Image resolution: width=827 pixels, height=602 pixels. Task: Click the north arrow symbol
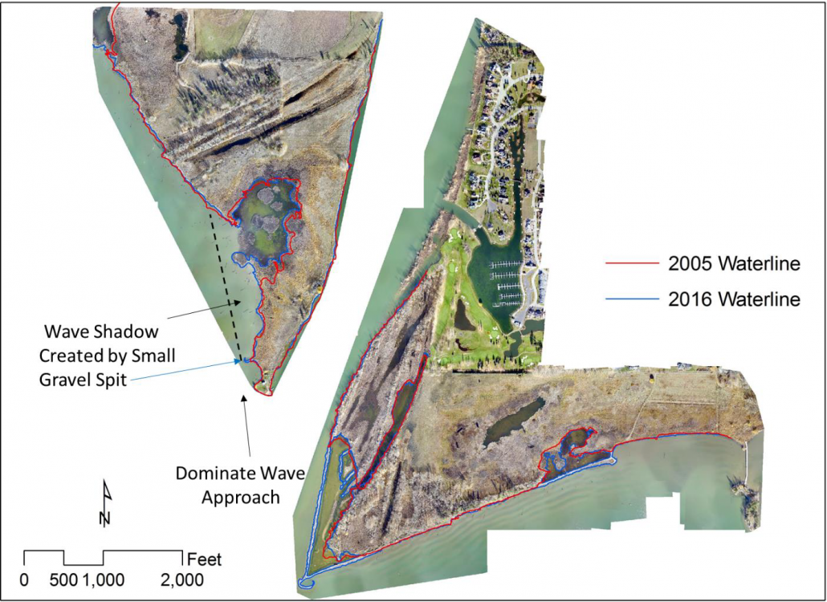coord(105,503)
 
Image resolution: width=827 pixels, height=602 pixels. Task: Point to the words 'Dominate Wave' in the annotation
coord(240,474)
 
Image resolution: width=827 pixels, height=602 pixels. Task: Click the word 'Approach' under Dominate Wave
coord(240,498)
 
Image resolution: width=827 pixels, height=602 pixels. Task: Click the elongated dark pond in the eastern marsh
coord(511,420)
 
